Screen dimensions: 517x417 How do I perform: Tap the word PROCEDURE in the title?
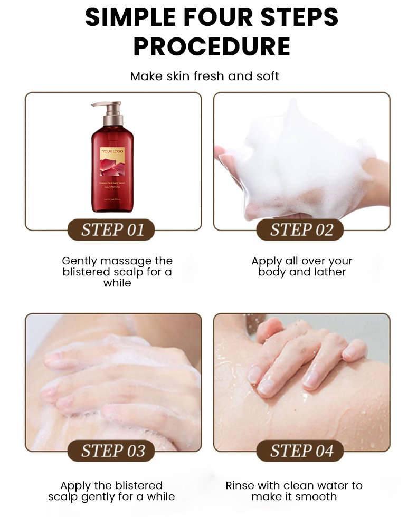[x=212, y=46]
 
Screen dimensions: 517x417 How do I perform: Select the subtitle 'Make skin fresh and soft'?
[x=205, y=76]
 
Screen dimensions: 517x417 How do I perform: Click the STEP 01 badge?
[x=112, y=230]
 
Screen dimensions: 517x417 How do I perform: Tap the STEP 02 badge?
[x=301, y=230]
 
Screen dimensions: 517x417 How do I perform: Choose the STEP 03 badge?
[x=112, y=451]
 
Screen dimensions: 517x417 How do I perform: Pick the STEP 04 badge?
[x=301, y=451]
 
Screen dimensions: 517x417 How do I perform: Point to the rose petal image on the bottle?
[x=113, y=167]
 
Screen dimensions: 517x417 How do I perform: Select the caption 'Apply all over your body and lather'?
[x=302, y=266]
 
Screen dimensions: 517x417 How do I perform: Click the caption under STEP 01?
[x=117, y=272]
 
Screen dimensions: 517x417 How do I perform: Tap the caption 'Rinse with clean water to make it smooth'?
[x=294, y=491]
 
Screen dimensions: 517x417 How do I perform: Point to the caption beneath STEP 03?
[x=111, y=491]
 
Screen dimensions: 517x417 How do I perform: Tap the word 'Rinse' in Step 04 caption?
[x=240, y=485]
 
